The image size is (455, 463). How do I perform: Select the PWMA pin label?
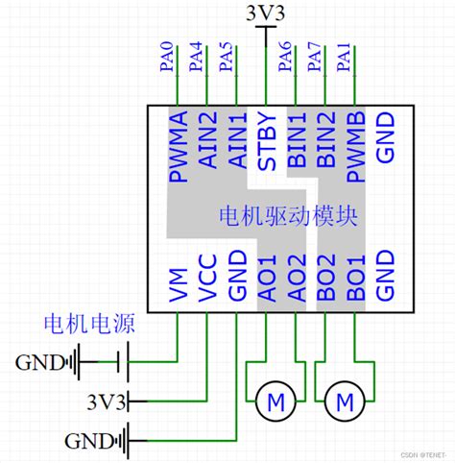[x=179, y=149]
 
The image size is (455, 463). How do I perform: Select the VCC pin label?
[x=208, y=280]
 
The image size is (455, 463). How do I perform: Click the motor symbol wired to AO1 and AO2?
[x=275, y=400]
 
